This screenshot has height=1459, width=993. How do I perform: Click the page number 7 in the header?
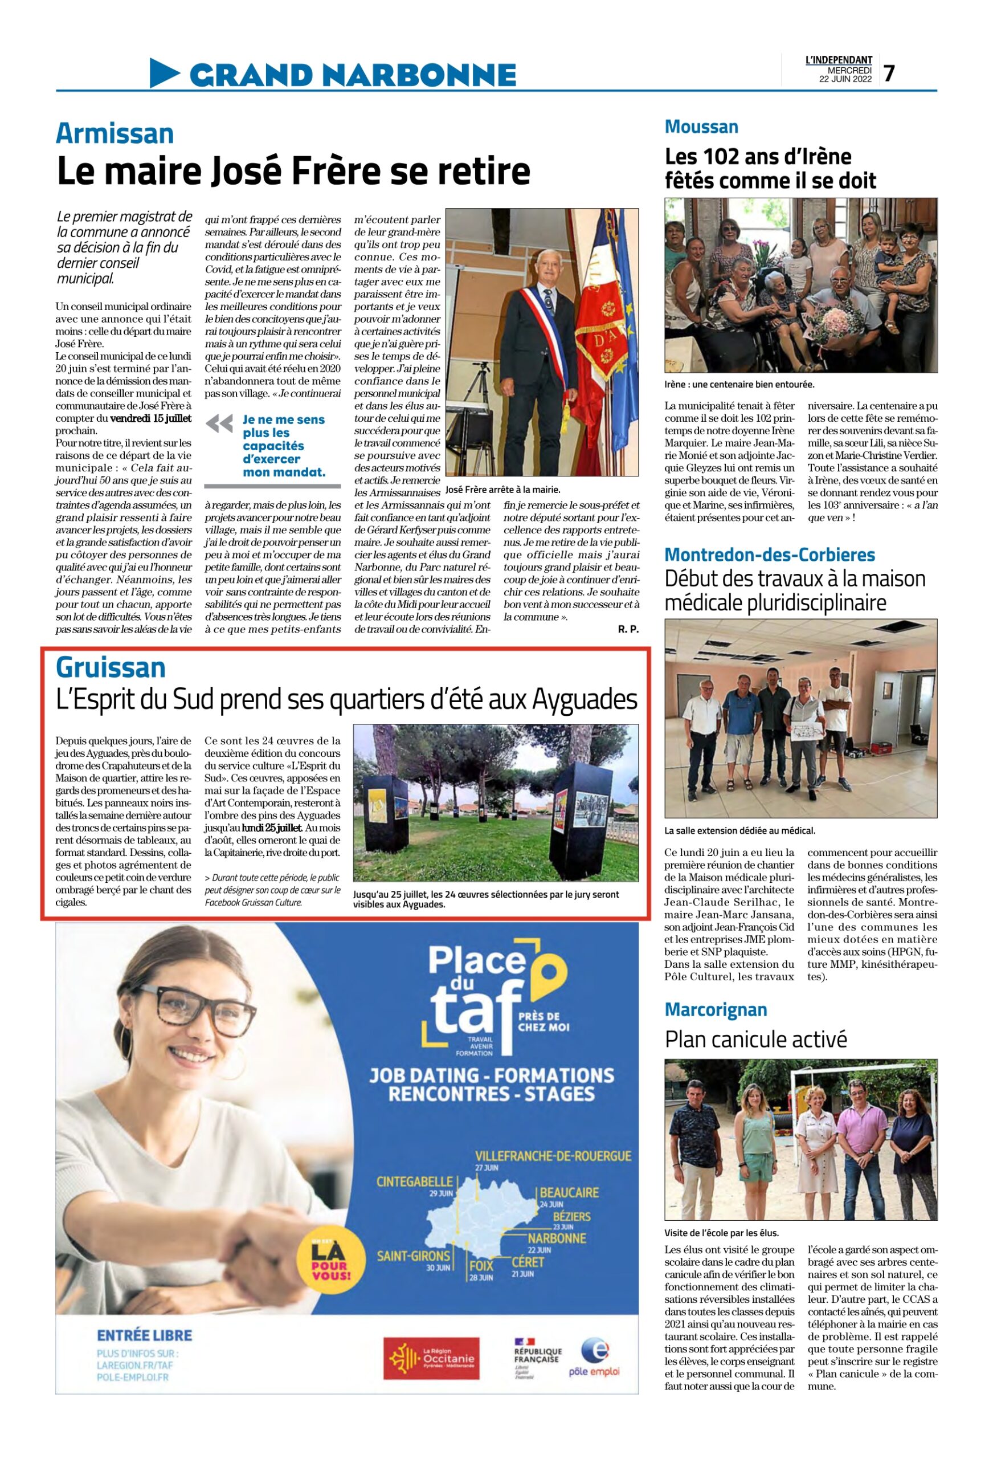point(888,74)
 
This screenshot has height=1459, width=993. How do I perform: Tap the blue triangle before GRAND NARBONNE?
point(165,73)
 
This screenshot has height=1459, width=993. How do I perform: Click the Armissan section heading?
point(115,134)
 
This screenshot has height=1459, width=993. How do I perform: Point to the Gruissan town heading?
point(111,667)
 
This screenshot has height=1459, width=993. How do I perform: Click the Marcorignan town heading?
point(715,1009)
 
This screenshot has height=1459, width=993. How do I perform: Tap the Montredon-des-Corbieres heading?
point(769,555)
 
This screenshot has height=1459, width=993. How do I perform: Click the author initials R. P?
point(628,629)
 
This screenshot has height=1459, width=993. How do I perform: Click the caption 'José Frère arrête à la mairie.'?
point(502,489)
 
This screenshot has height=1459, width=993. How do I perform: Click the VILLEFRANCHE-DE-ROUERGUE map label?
point(553,1156)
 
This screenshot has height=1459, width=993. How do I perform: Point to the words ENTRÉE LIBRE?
point(144,1335)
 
